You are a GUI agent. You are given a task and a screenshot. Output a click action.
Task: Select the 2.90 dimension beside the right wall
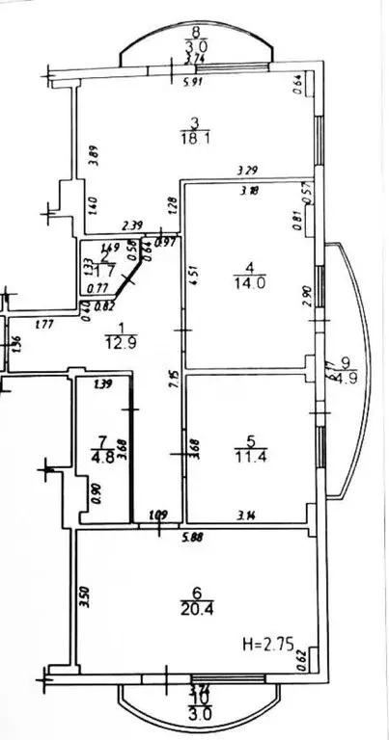306,298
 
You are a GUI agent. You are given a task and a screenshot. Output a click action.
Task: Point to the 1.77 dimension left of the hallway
42,325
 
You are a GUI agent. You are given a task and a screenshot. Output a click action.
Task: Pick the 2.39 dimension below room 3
133,226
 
